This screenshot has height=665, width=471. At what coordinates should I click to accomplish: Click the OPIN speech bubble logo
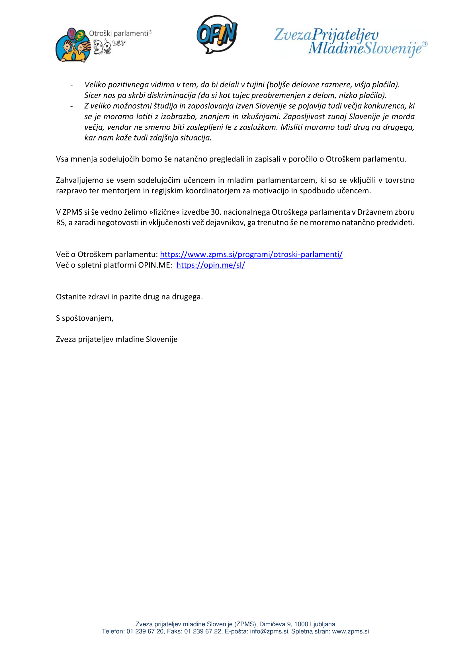217,34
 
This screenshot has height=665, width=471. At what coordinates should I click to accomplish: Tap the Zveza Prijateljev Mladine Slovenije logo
350,42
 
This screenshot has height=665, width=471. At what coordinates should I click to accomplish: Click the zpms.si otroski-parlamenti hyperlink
251,254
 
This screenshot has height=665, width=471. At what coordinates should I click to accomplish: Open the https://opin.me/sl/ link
210,265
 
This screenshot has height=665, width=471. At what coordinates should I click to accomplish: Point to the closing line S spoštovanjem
85,318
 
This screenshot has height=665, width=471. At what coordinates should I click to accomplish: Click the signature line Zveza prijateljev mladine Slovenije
116,339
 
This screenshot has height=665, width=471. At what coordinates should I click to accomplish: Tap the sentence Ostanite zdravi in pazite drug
129,297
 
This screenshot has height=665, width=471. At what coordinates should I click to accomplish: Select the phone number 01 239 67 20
145,631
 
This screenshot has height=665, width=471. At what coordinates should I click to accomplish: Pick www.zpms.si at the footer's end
350,631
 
